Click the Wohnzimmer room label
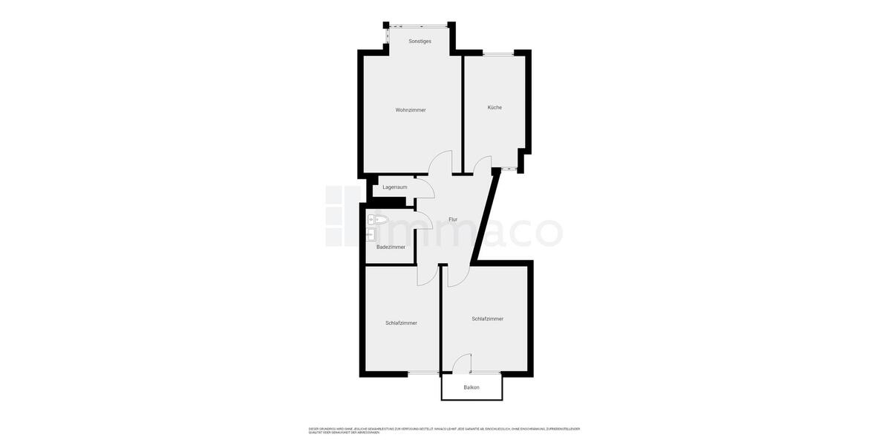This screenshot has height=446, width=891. (411, 110)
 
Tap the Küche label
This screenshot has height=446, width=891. (495, 108)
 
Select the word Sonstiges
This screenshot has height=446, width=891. (420, 42)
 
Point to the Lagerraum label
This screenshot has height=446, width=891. (394, 187)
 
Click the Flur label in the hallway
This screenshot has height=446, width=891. (453, 220)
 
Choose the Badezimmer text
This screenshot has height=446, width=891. (391, 247)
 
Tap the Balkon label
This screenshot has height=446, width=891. (471, 387)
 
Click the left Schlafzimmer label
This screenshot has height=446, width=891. (401, 323)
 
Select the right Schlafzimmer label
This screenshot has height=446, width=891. (487, 319)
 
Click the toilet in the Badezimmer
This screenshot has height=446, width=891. (377, 219)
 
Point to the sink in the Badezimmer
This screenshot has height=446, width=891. (370, 235)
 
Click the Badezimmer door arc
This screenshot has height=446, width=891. (424, 220)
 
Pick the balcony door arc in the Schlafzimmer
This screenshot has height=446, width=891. (462, 363)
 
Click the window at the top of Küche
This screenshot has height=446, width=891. (497, 53)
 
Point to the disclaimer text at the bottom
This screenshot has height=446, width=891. (444, 430)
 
